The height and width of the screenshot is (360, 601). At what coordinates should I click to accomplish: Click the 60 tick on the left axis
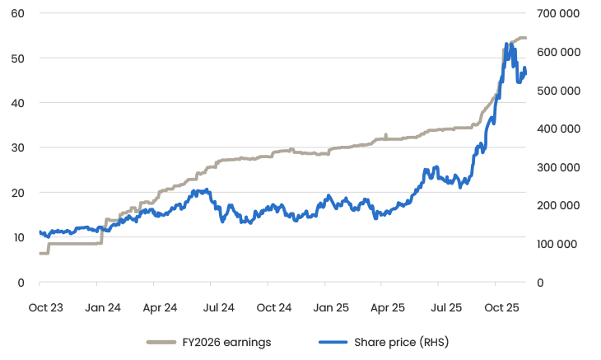click(18, 14)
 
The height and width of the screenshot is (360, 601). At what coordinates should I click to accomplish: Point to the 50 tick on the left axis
click(18, 58)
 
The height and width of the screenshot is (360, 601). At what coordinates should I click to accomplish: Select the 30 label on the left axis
click(18, 147)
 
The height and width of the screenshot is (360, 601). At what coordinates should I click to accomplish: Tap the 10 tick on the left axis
click(18, 237)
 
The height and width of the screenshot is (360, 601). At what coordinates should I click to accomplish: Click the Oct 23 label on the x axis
click(45, 307)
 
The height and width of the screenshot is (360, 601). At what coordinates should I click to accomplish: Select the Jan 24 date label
click(103, 307)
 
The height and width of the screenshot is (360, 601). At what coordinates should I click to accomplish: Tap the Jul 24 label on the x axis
click(217, 307)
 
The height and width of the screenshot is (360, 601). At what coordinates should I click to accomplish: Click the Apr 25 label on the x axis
click(388, 307)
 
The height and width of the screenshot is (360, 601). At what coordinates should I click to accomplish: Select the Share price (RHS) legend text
click(401, 342)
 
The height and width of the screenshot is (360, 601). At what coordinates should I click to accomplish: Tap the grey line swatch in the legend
click(164, 342)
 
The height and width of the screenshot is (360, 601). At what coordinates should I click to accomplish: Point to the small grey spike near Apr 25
click(385, 134)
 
